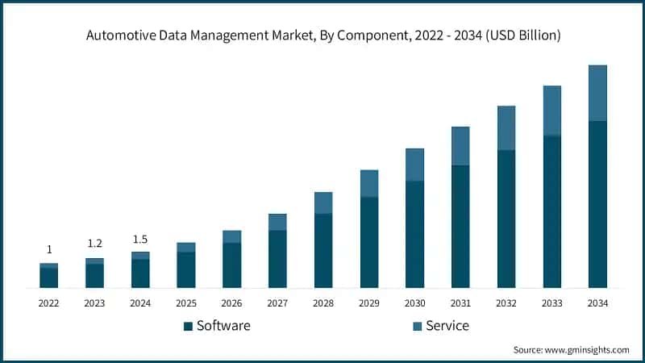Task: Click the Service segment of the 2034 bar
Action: point(597,93)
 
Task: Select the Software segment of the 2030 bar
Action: point(414,234)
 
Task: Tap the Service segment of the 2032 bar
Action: point(506,127)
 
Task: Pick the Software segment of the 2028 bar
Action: point(322,250)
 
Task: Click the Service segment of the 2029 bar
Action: point(368,183)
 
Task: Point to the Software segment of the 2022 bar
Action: point(48,277)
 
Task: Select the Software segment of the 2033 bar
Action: point(552,211)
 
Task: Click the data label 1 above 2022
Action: point(49,249)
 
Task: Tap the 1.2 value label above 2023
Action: point(95,243)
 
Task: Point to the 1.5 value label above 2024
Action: point(140,239)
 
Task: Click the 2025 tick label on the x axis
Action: point(186,302)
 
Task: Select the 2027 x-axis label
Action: point(277,302)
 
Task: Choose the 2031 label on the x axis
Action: point(460,302)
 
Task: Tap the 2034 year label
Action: point(597,302)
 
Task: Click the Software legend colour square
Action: point(189,326)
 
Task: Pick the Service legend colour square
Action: point(417,326)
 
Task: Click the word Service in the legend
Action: point(447,326)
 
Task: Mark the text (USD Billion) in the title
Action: point(522,35)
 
